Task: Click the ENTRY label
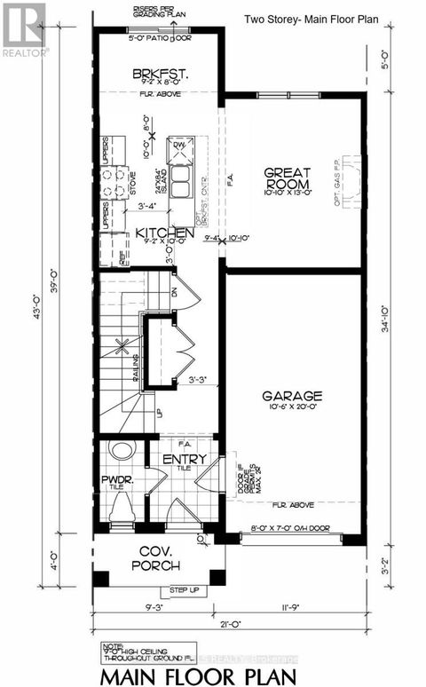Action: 185,459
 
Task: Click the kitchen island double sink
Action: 182,185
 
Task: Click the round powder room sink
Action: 118,452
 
